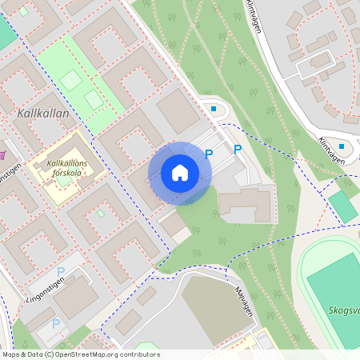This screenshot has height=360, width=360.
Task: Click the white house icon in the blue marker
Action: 180,173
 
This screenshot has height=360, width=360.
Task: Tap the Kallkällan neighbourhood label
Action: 42,114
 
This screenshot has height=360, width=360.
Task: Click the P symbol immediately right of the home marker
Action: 210,154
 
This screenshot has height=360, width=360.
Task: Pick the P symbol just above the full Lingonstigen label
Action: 60,272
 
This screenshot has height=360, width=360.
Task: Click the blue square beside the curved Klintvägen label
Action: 342,146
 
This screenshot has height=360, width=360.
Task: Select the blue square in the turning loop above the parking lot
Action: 214,109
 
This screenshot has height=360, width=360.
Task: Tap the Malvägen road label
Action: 243,302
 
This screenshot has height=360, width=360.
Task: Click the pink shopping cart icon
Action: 3,154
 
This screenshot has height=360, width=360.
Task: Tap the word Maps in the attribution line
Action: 11,354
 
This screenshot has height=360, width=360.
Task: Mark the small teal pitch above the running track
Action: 343,206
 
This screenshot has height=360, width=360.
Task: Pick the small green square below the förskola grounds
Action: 100,214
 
